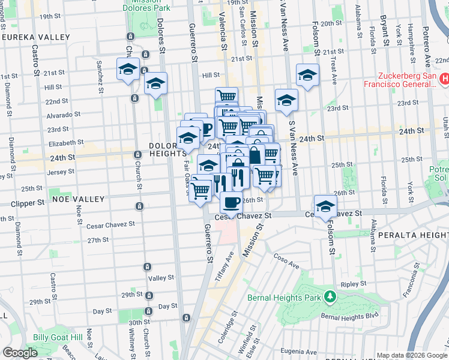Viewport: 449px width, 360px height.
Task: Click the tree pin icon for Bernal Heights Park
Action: coord(329,296)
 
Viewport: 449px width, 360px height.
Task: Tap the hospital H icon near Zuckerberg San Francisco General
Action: coord(444,78)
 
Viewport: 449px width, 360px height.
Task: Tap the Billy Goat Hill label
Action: coord(58,338)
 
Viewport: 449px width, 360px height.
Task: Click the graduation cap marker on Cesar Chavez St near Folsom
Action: coord(325,206)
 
